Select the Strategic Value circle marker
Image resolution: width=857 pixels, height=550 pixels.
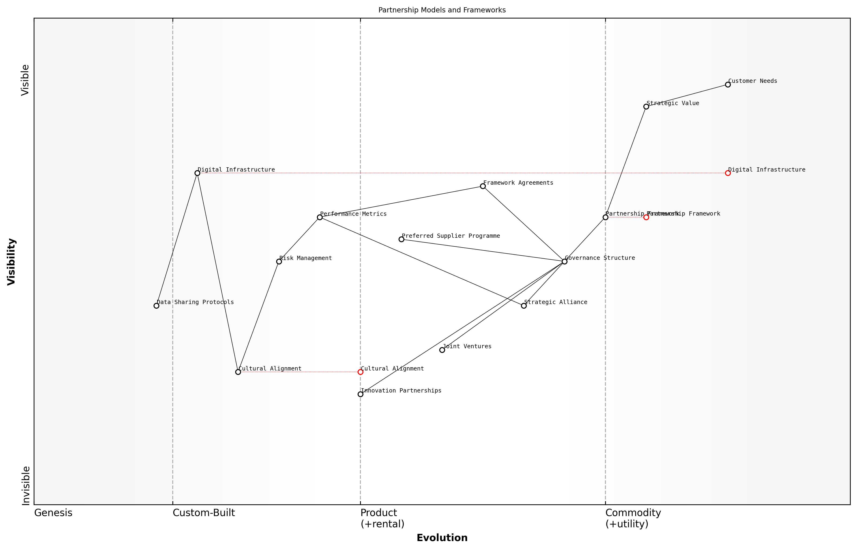click(646, 106)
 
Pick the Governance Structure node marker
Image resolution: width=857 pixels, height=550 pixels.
click(564, 261)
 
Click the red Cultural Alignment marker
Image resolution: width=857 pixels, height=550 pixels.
click(360, 372)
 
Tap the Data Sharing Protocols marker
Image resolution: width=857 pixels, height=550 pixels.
click(156, 306)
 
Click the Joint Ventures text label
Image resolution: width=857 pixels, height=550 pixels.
click(467, 346)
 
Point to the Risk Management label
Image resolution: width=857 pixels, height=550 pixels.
click(306, 258)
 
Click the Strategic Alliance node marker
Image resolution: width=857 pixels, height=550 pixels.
click(524, 306)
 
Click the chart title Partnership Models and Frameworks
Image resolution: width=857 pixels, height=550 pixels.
click(442, 10)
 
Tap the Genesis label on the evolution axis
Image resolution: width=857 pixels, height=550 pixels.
click(53, 513)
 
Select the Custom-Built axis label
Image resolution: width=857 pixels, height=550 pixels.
click(204, 513)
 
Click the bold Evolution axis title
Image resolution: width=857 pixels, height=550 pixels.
click(442, 538)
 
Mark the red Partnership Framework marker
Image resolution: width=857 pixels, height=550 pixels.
click(646, 217)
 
